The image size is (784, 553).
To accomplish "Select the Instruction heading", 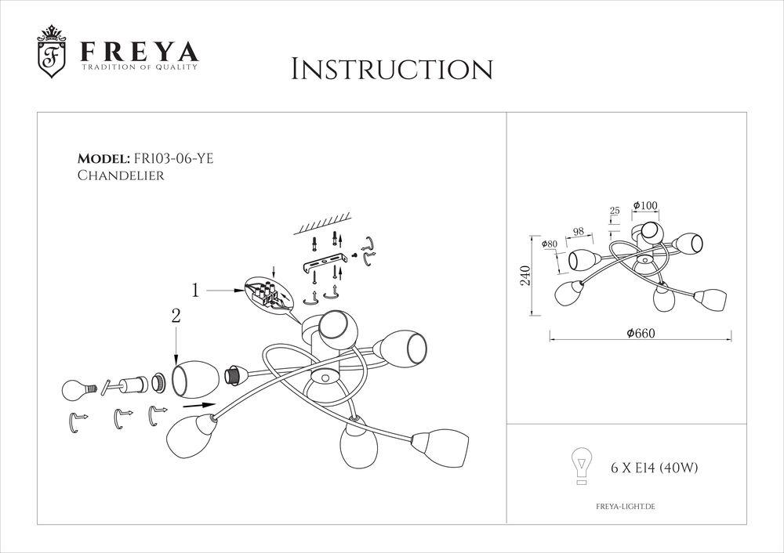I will (x=391, y=69).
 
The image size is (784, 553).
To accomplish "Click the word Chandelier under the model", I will (x=121, y=176).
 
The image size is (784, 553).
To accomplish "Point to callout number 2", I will (x=176, y=317).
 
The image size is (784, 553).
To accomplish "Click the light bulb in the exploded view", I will (x=79, y=387).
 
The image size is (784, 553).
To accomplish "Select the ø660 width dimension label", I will (x=640, y=332).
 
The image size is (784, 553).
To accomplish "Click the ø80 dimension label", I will (x=550, y=244).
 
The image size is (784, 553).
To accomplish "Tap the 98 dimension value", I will (x=579, y=232).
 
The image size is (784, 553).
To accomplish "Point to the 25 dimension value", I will (x=614, y=211).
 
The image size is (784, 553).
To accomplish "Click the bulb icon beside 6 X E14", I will (x=580, y=465).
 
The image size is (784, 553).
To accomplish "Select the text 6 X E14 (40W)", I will (x=654, y=468).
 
